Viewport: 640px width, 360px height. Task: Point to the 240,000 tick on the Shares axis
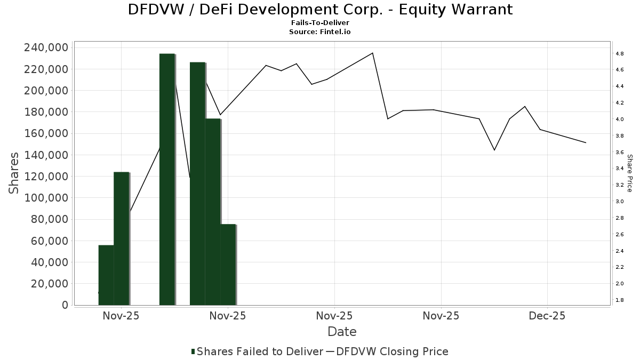[46, 47]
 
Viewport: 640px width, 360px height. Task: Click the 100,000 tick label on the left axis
[46, 198]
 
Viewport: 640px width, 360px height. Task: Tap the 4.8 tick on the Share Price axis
[620, 54]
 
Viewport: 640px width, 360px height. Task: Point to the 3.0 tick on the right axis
[620, 202]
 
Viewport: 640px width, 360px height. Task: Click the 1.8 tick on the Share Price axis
[620, 300]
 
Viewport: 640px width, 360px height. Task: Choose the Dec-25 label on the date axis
[547, 316]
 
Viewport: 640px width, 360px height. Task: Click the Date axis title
[342, 332]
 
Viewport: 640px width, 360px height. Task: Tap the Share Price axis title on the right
[630, 173]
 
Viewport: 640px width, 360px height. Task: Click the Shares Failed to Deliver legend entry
[257, 351]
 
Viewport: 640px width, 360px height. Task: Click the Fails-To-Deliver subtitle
[320, 23]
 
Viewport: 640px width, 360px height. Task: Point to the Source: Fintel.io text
[320, 32]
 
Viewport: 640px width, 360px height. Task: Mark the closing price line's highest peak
[372, 53]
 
